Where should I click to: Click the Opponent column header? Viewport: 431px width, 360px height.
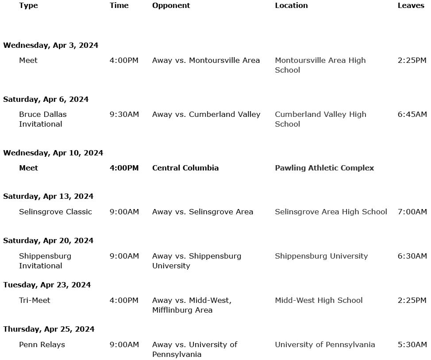[171, 5]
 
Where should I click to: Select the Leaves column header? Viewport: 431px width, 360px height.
[411, 5]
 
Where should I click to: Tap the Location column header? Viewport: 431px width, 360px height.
[291, 5]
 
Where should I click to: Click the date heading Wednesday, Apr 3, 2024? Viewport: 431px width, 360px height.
[50, 45]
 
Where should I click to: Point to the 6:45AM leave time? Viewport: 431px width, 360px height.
[412, 114]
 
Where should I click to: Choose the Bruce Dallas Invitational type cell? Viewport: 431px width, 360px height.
[42, 119]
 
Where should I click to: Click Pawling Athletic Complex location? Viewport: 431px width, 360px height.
[324, 168]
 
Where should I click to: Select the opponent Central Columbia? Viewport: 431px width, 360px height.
[185, 168]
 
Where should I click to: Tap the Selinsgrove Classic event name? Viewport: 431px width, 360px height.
[55, 212]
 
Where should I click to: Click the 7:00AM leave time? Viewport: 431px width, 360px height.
[412, 212]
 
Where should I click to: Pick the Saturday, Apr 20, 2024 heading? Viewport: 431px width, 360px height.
[48, 240]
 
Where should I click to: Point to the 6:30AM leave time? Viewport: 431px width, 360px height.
[412, 256]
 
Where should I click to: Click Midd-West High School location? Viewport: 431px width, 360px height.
[319, 300]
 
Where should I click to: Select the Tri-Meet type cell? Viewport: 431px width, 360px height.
[35, 300]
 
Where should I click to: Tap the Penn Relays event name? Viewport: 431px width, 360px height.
[42, 345]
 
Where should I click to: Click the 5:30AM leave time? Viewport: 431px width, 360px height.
[412, 345]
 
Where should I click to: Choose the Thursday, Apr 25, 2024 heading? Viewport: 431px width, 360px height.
[49, 329]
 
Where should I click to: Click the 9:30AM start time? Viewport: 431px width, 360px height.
[124, 114]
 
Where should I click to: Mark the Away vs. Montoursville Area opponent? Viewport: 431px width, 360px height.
[206, 60]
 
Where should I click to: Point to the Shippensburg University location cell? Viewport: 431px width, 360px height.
[321, 256]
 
